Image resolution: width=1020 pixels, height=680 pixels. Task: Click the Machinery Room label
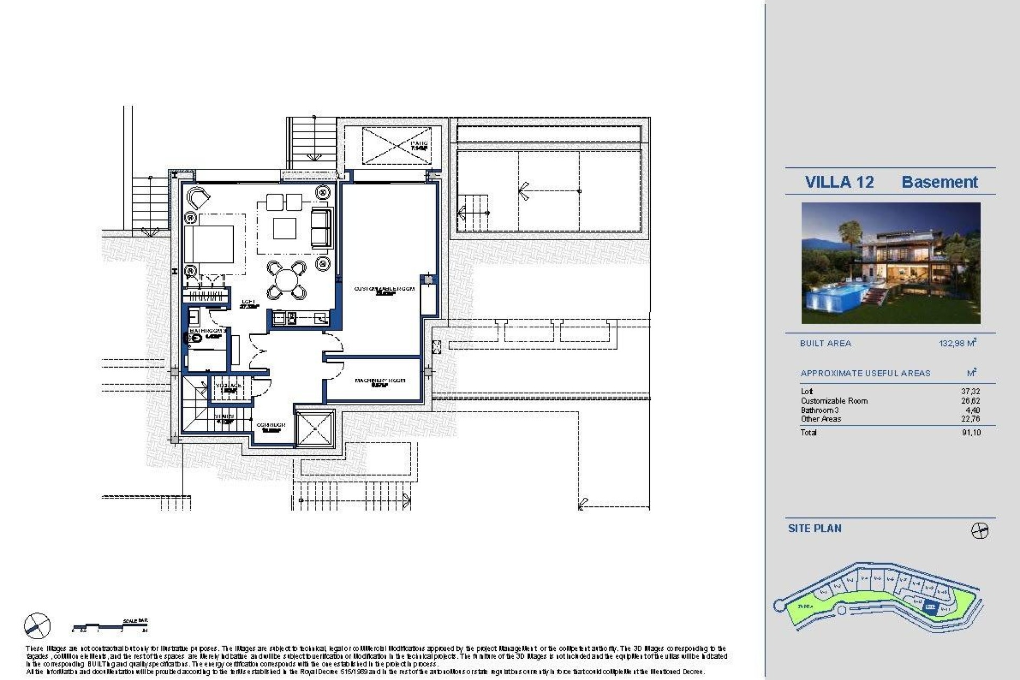(x=380, y=380)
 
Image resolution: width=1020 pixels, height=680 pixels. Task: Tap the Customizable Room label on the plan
(x=384, y=289)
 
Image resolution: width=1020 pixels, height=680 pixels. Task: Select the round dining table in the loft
(x=286, y=279)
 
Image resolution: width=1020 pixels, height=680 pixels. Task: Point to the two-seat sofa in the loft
(x=320, y=227)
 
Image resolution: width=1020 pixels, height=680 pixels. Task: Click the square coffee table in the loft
(x=285, y=228)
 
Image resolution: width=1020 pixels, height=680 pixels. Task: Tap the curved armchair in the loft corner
(x=199, y=198)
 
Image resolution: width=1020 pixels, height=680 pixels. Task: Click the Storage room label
(x=228, y=386)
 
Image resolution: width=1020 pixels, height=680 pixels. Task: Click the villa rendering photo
(x=890, y=263)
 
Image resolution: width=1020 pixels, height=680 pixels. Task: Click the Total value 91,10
(x=971, y=432)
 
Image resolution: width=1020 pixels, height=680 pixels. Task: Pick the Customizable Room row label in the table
(x=834, y=401)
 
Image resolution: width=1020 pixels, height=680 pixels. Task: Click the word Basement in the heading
(x=939, y=182)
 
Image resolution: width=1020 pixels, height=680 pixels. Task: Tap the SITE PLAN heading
(x=814, y=529)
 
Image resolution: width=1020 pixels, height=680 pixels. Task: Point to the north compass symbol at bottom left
(x=37, y=626)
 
